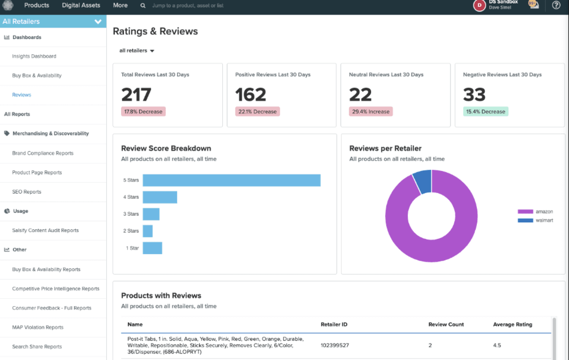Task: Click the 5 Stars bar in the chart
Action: pos(231,180)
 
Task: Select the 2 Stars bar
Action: pos(148,231)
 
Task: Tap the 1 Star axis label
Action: pos(132,248)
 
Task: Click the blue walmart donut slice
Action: pos(423,181)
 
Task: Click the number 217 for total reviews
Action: pos(136,94)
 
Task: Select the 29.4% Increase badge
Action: pos(370,112)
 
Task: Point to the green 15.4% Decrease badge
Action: pos(485,112)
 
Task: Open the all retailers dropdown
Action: pos(136,51)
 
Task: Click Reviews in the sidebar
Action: pos(22,95)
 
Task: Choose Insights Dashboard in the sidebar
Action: pos(34,56)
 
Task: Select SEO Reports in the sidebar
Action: pos(27,192)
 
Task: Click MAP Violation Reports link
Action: pos(38,327)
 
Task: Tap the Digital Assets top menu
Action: pos(81,5)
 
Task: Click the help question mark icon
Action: pos(556,5)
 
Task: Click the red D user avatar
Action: pos(479,5)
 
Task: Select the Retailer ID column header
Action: pos(333,324)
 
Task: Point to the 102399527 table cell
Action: pos(335,345)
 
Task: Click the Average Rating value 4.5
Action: pos(497,345)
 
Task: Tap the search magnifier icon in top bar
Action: pos(143,6)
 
